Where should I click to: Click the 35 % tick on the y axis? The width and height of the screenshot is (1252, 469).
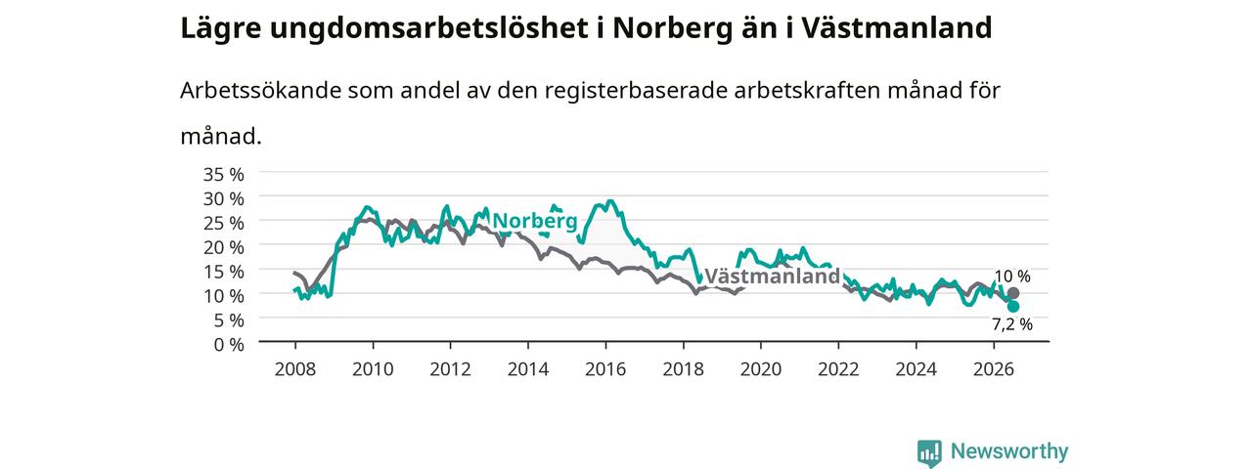pyautogui.click(x=224, y=175)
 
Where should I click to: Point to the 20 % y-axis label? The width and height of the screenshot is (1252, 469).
pyautogui.click(x=224, y=247)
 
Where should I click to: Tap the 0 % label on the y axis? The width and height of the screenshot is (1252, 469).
pyautogui.click(x=229, y=345)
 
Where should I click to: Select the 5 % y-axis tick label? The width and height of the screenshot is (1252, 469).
pyautogui.click(x=229, y=320)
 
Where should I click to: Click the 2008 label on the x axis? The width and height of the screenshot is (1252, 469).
pyautogui.click(x=295, y=369)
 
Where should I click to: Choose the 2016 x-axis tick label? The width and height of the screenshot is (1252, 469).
pyautogui.click(x=605, y=369)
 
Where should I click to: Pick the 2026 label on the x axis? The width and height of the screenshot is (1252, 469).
pyautogui.click(x=994, y=369)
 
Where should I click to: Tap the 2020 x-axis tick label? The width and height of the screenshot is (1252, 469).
pyautogui.click(x=761, y=369)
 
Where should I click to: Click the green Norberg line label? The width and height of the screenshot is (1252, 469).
pyautogui.click(x=535, y=221)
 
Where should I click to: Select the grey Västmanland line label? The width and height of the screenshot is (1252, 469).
pyautogui.click(x=773, y=276)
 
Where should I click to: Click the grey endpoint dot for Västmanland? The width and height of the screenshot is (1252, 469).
pyautogui.click(x=1012, y=293)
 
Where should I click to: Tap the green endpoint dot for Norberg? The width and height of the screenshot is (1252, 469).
pyautogui.click(x=1012, y=307)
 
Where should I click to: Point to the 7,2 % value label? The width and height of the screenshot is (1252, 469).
pyautogui.click(x=1012, y=324)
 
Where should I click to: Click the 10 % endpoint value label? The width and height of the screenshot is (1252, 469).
pyautogui.click(x=1012, y=277)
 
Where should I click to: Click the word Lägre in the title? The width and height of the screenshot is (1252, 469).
pyautogui.click(x=221, y=29)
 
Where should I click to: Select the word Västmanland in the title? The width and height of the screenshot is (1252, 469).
pyautogui.click(x=897, y=27)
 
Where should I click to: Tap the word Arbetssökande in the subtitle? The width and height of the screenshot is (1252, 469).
pyautogui.click(x=260, y=91)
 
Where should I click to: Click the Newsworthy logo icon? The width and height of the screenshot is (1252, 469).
pyautogui.click(x=929, y=453)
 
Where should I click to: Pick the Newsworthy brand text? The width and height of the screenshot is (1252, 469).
pyautogui.click(x=1009, y=451)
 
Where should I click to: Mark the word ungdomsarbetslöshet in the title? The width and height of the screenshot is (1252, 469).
pyautogui.click(x=429, y=29)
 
